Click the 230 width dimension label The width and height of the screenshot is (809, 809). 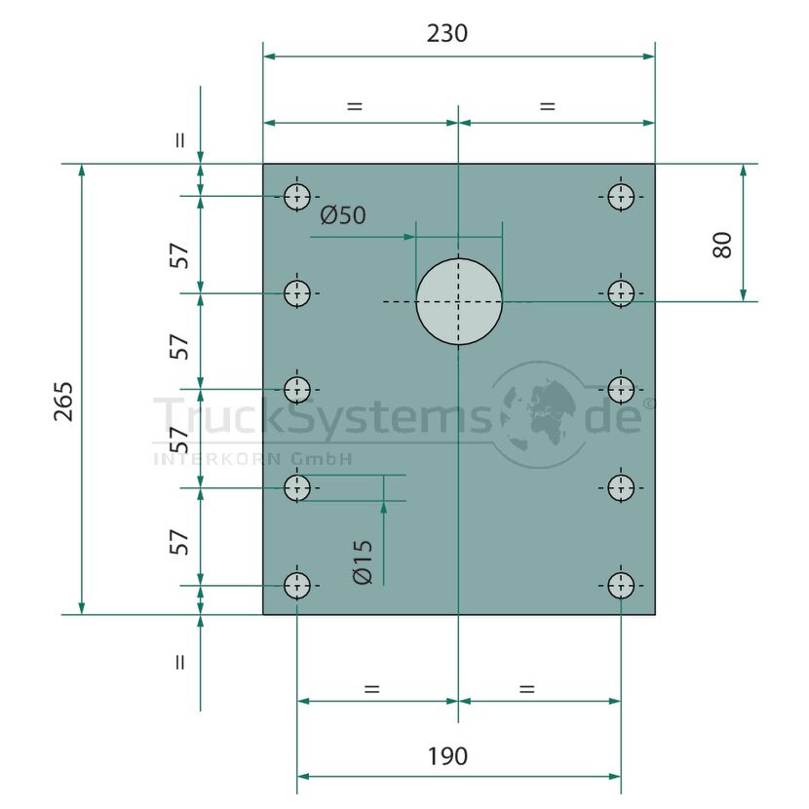pos(446,33)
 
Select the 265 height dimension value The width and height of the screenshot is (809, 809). pos(64,402)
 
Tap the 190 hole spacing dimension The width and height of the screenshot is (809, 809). pos(447,756)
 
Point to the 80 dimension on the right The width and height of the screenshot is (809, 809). pos(722,245)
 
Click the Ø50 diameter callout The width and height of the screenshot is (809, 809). pos(343,215)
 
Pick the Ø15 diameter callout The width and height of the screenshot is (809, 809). pos(363,561)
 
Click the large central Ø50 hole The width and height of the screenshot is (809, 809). pos(459,302)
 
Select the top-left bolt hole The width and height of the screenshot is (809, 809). pos(297,197)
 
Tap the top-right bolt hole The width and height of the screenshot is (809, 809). pos(621,197)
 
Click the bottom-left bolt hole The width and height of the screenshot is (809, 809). pos(297,586)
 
